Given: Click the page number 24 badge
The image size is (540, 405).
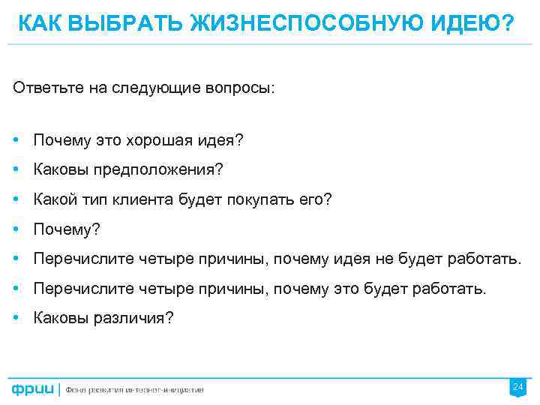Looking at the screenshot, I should [517, 387].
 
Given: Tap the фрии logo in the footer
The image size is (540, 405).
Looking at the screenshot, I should [32, 388].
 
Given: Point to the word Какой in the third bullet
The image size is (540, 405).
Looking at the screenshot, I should [52, 199].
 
